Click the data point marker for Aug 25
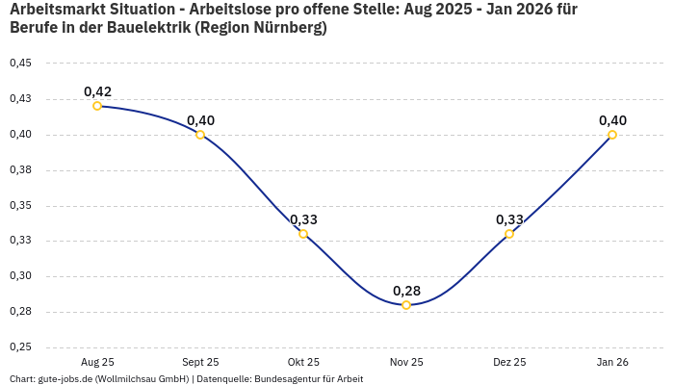pos(97,106)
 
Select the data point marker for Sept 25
pos(200,135)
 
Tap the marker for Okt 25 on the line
pos(303,234)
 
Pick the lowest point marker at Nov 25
pos(406,305)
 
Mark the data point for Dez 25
pos(509,234)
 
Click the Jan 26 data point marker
pos(612,135)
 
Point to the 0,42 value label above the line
pos(97,91)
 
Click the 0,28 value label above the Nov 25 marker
pos(406,291)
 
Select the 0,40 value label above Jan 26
pos(612,120)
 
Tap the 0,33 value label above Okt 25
pos(303,219)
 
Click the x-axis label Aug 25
pos(97,362)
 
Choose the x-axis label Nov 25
pos(406,362)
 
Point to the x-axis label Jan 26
pos(612,362)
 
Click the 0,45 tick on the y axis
pos(20,64)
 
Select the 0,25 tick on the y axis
pos(20,347)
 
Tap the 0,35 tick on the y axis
pos(20,206)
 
